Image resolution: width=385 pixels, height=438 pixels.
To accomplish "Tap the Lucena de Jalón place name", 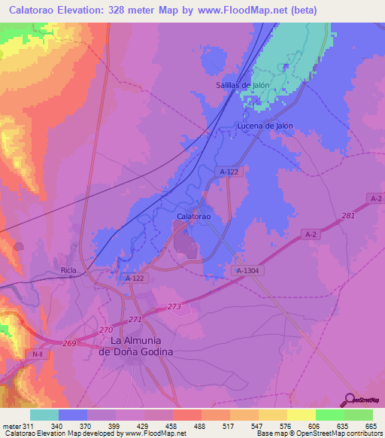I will pyautogui.click(x=264, y=126).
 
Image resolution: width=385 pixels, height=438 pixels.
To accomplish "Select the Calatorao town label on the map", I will pyautogui.click(x=193, y=216).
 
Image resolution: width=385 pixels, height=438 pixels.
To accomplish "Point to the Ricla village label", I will pyautogui.click(x=69, y=269).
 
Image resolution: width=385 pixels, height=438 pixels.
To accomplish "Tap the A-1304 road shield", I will pyautogui.click(x=247, y=270).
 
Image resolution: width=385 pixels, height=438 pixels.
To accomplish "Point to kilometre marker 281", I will pyautogui.click(x=347, y=217).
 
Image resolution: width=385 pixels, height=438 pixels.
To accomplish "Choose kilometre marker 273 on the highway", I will pyautogui.click(x=174, y=306).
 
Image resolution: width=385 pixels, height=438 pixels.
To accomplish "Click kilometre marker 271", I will pyautogui.click(x=135, y=320).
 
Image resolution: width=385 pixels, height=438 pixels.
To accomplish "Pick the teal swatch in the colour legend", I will pyautogui.click(x=44, y=415).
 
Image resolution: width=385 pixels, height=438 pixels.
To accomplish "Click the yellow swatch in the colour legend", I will pyautogui.click(x=301, y=415).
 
